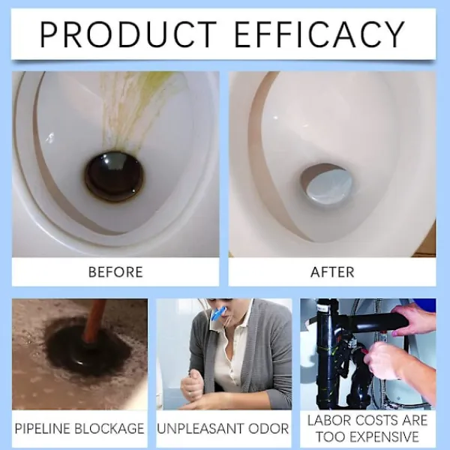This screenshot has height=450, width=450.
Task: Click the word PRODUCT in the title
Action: coord(128,34)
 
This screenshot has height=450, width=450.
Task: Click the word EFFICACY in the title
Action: coord(320,34)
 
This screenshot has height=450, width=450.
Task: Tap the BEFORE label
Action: coord(115,272)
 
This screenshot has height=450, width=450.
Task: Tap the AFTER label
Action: coord(332,272)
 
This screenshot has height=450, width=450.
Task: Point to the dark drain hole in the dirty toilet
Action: coord(114,177)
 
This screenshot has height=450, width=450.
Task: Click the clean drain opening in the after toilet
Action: coord(326,184)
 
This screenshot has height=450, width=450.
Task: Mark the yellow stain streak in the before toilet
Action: coord(135,109)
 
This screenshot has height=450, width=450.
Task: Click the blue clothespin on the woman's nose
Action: coord(219,314)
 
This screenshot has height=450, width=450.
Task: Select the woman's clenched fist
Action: coord(193,383)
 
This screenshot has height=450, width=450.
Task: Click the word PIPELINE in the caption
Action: coord(43,428)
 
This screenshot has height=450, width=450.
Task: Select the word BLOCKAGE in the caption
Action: coord(109,428)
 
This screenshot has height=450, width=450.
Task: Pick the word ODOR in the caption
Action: coord(268,428)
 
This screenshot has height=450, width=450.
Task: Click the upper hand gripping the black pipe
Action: coord(413,319)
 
